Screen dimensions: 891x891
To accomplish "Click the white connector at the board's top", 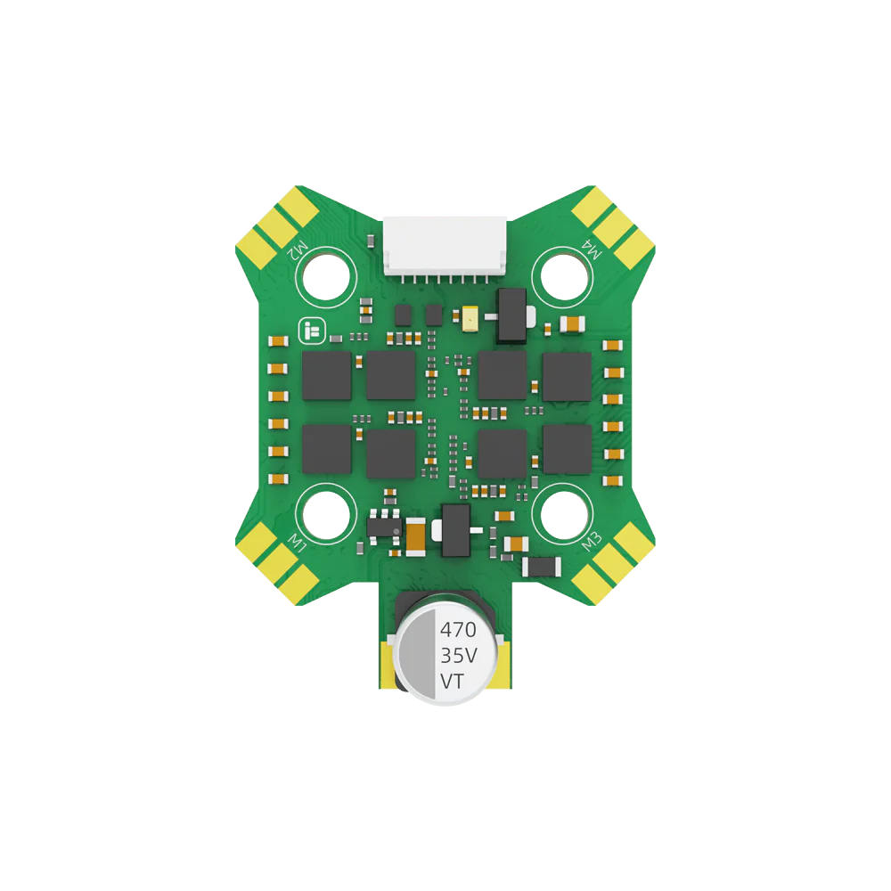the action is click(x=445, y=246).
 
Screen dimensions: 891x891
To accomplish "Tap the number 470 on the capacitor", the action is click(x=458, y=630).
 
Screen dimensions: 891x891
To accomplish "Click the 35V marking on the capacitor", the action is click(x=459, y=656).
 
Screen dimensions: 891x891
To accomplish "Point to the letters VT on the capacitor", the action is click(x=453, y=681).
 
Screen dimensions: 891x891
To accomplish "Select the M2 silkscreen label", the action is click(x=298, y=250).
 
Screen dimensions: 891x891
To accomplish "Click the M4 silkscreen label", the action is click(x=591, y=249).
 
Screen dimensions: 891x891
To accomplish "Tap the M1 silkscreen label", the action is click(x=298, y=543).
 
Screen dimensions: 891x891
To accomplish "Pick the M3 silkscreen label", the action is click(x=592, y=542).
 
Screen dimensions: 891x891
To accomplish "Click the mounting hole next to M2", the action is click(x=326, y=277).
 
